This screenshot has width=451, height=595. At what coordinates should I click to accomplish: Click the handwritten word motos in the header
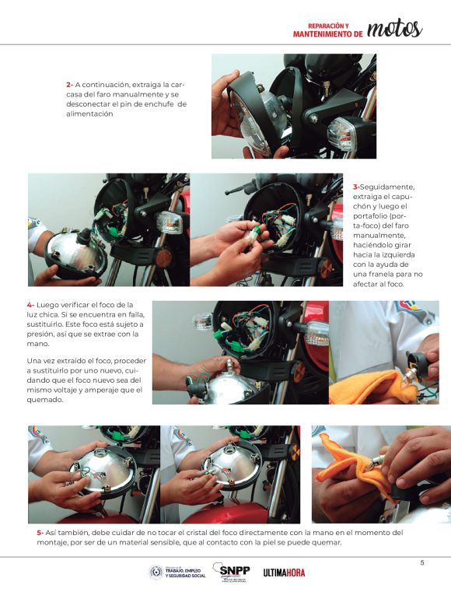[394, 29]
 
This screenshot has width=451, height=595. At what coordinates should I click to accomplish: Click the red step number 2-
[69, 85]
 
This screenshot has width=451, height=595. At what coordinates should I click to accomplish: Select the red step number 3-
[356, 187]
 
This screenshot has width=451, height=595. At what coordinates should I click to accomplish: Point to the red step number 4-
[30, 305]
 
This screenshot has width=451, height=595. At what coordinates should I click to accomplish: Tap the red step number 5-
[40, 533]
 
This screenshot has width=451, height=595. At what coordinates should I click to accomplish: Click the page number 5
[422, 563]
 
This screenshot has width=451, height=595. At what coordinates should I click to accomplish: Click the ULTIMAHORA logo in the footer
[284, 572]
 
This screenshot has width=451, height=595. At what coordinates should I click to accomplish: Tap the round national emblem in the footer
[156, 572]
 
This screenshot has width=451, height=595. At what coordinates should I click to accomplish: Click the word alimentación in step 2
[89, 114]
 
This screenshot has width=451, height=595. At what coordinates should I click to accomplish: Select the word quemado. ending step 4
[45, 400]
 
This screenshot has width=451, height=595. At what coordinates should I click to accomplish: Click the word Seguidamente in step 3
[387, 187]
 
